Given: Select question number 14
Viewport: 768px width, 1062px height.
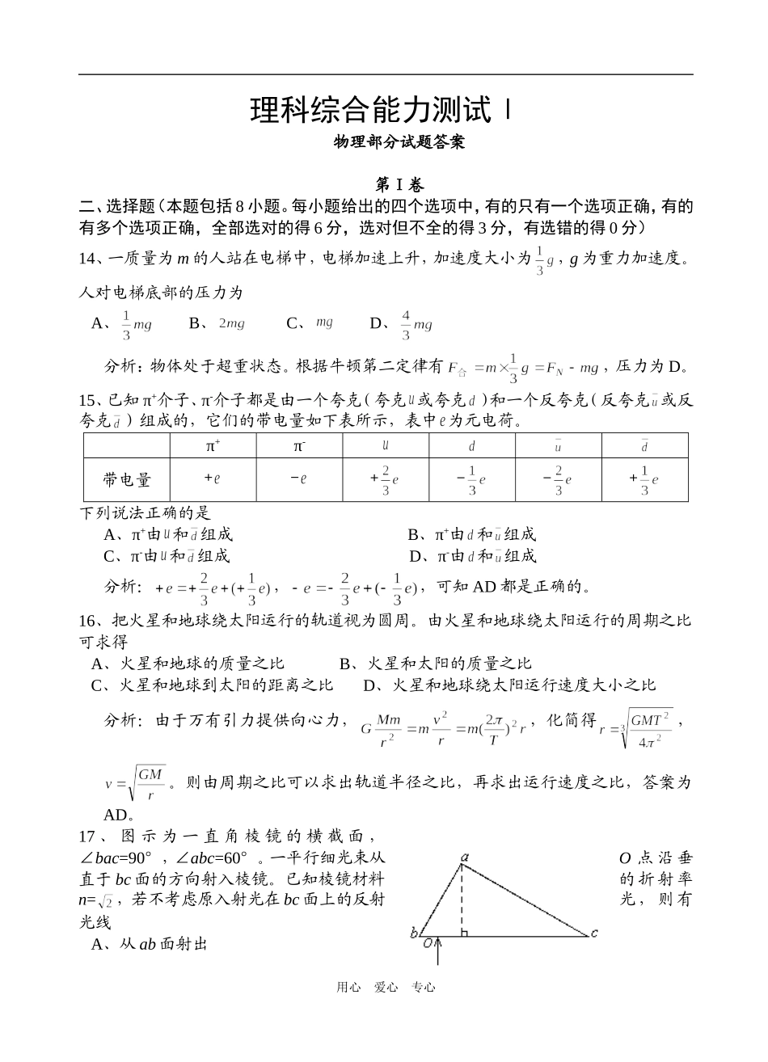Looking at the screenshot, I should point(87,259).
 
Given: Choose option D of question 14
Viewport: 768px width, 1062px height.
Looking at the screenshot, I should point(402,324).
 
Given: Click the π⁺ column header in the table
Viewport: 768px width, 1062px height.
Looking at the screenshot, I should point(213,445).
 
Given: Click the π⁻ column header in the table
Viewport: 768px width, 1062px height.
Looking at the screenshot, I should point(299,445).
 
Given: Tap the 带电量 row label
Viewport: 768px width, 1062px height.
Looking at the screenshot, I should point(127,479).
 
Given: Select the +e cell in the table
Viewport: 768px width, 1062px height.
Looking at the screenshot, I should point(213,478).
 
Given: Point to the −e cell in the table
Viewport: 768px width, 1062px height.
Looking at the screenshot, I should point(299,478).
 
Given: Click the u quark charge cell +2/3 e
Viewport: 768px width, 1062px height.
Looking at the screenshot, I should point(385,479).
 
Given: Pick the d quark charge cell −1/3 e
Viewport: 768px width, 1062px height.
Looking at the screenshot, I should point(471,479).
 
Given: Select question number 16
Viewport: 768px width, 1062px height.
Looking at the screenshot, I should point(87,621).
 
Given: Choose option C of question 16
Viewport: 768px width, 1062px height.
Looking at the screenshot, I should point(213,685).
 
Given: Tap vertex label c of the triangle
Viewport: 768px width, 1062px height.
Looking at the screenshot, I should point(594,933).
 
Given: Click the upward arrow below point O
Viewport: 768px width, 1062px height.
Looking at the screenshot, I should point(438,954).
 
